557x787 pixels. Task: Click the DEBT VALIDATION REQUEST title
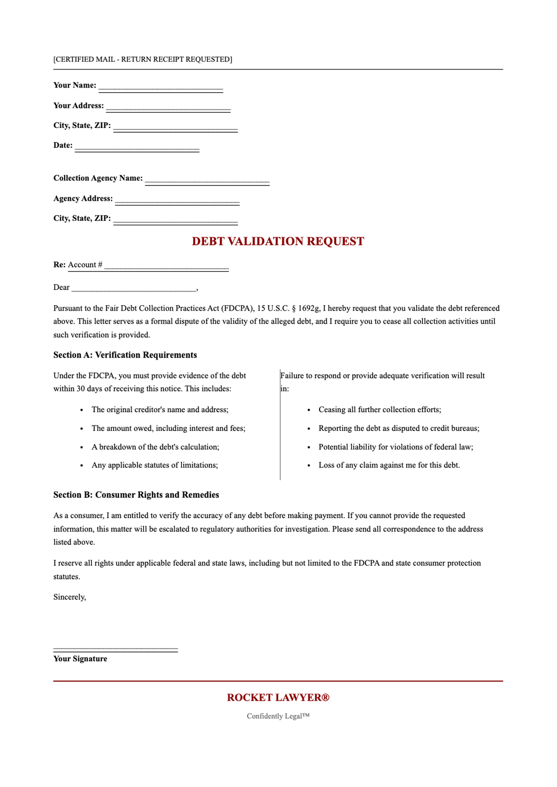[x=278, y=241]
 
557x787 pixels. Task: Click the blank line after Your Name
[x=161, y=87]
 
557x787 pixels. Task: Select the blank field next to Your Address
[x=168, y=107]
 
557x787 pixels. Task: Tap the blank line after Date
[x=137, y=147]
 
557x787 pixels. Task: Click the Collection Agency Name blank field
[x=207, y=180]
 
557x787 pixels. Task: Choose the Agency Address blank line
[x=177, y=200]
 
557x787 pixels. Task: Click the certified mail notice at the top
[x=142, y=59]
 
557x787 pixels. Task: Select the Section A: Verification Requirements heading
[x=125, y=355]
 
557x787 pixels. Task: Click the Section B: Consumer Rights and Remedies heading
[x=136, y=495]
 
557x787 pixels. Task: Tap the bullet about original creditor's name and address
[x=160, y=409]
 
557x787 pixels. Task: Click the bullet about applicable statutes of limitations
[x=155, y=465]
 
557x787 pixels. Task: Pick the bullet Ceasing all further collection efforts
[x=380, y=409]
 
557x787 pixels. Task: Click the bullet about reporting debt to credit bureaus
[x=399, y=429]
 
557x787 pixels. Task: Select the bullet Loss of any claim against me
[x=389, y=465]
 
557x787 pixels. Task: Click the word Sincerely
[x=70, y=597]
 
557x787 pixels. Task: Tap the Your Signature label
[x=80, y=659]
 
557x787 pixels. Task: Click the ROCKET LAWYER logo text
[x=278, y=697]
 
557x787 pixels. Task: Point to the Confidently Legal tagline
[x=278, y=716]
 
